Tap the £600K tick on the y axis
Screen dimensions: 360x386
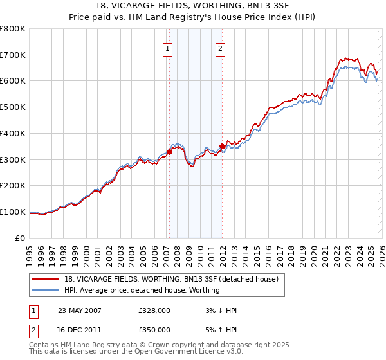click(x=13, y=81)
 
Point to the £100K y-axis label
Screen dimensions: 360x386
click(x=13, y=212)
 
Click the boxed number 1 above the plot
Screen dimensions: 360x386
click(x=168, y=48)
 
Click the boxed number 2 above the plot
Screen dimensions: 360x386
click(x=220, y=48)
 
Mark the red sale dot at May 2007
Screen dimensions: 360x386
click(x=170, y=152)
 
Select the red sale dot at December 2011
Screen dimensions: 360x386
click(x=222, y=146)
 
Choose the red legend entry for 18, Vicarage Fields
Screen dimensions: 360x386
click(x=170, y=279)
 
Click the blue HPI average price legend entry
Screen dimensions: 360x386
click(x=142, y=290)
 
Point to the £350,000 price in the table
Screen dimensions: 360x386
click(x=154, y=329)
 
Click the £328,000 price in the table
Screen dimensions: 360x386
click(x=154, y=310)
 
